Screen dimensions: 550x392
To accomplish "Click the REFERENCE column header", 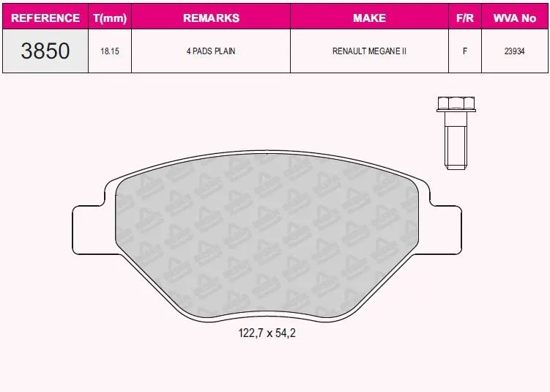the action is pos(45,18).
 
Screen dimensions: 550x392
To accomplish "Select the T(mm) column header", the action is pos(110,18).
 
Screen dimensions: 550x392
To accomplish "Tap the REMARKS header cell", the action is pos(211,18).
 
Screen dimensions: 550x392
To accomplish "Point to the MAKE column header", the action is pos(369,18).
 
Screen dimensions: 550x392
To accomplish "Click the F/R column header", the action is pos(465,18).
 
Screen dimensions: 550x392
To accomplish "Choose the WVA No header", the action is pos(515,18).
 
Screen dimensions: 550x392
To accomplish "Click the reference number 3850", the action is pos(45,51).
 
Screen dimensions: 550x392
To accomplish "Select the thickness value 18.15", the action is pos(110,51).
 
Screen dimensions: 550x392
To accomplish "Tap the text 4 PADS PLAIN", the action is pos(211,51).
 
